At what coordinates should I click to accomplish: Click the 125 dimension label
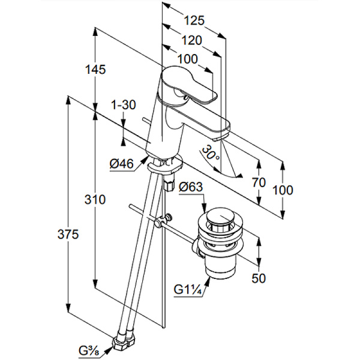194,20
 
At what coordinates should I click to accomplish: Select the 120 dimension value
191,40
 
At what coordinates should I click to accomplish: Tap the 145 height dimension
95,69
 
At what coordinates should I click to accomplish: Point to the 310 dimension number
95,199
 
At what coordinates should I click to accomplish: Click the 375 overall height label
68,235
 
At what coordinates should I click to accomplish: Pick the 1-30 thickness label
124,104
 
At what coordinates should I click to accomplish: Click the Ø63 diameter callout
191,186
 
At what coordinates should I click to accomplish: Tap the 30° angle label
211,153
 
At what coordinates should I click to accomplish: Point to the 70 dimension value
259,182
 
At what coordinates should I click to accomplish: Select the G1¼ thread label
187,290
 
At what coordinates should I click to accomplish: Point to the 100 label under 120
188,59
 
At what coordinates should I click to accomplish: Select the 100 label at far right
283,190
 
